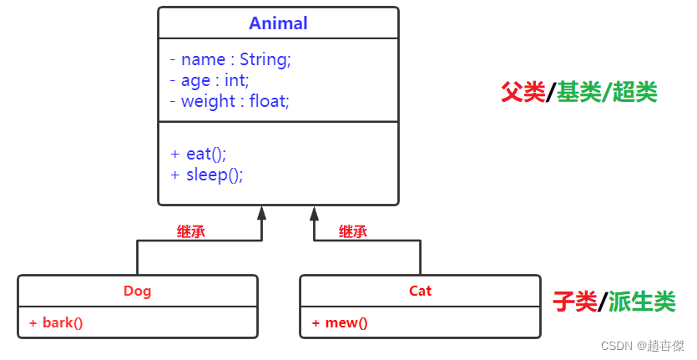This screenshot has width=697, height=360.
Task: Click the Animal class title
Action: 279,23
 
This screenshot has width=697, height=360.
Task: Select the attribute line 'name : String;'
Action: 230,60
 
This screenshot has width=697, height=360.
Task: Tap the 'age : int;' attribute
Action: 210,81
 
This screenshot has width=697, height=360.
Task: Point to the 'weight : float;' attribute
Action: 230,102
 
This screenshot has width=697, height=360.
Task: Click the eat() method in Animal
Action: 199,155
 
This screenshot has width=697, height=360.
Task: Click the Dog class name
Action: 138,292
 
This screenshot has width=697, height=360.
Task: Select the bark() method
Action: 56,322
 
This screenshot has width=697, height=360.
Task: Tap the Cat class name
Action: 421,292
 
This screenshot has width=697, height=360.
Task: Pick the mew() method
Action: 340,322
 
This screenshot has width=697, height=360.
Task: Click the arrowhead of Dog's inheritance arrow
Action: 262,212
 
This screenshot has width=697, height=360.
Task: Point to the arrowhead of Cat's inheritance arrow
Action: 314,212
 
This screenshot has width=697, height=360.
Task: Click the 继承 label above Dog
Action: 191,232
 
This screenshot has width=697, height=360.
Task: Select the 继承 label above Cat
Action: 353,232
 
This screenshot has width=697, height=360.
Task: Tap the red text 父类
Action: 523,92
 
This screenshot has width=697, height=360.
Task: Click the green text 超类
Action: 634,92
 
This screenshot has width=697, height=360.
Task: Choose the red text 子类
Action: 575,301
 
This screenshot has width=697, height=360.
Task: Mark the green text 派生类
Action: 641,301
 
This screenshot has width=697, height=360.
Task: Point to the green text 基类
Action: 579,92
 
